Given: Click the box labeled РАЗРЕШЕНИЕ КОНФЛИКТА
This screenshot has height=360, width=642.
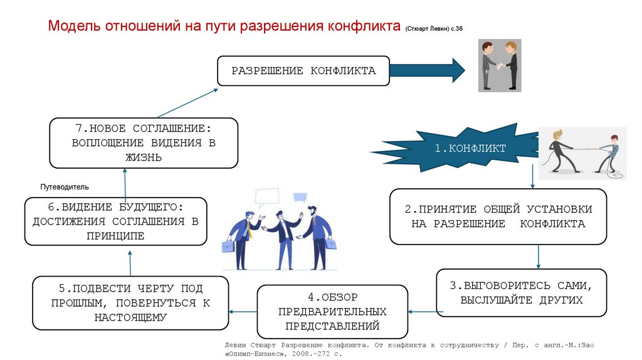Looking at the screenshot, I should [x=303, y=71].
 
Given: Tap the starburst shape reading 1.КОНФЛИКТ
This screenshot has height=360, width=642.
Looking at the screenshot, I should [x=457, y=149].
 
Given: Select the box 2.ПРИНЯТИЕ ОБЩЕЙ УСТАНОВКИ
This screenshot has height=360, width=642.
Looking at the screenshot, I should [x=498, y=216].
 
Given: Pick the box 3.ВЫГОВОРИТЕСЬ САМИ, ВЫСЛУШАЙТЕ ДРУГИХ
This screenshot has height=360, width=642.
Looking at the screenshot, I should [x=522, y=292].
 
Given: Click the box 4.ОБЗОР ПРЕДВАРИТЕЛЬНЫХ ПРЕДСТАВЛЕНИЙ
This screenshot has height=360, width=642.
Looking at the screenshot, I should [x=333, y=311].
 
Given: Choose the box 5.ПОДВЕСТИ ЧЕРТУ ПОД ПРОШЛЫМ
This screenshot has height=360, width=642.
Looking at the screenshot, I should [x=130, y=303].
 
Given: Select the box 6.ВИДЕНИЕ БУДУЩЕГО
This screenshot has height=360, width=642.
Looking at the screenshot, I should [x=116, y=221].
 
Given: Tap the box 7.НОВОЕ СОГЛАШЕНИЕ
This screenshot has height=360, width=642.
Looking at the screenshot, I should [x=144, y=143].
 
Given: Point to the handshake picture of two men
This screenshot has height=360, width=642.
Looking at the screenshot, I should [x=500, y=66].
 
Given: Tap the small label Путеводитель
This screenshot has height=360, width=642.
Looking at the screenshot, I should [x=65, y=187].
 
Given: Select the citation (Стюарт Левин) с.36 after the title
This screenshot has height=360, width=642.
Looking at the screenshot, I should [x=433, y=29].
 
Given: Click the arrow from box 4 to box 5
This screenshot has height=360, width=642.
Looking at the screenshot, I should [x=243, y=311].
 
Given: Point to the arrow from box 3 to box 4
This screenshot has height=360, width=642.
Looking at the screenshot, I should [x=424, y=311].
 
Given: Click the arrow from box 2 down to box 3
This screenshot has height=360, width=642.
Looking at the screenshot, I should [x=539, y=257].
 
